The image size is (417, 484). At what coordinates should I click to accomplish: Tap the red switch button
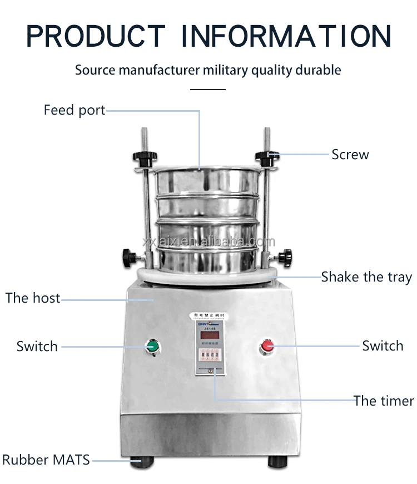tap(266, 346)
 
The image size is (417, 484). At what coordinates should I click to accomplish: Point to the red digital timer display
tap(209, 335)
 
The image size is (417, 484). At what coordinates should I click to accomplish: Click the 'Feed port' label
tap(75, 110)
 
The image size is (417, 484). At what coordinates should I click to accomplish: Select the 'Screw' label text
tap(350, 154)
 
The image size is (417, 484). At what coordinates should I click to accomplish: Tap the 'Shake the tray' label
tap(366, 276)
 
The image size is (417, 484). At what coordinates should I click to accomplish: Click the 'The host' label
tap(33, 298)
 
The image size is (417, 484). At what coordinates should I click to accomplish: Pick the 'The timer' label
tap(384, 401)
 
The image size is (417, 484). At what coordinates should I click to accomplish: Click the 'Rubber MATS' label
tap(46, 460)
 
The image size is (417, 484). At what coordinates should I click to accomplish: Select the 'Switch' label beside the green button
tap(37, 346)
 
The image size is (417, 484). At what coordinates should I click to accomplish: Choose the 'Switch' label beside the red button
tap(383, 345)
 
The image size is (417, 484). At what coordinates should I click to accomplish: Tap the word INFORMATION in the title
tap(287, 36)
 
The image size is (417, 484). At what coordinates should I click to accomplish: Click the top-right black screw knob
tap(266, 155)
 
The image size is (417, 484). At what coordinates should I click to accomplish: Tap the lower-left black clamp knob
tap(130, 257)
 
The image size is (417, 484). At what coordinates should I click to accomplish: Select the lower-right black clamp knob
tap(285, 257)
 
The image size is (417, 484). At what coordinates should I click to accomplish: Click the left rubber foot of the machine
tap(142, 461)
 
